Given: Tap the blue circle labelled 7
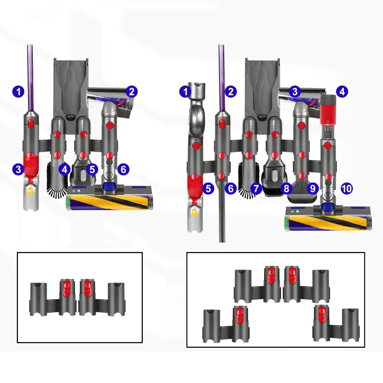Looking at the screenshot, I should [x=256, y=188].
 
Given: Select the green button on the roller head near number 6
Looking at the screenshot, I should [x=80, y=190].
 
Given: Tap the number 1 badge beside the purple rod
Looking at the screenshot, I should [x=18, y=92].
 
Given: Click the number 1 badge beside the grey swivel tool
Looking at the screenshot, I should [x=186, y=92].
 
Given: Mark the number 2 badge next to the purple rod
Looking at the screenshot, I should [x=230, y=92].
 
